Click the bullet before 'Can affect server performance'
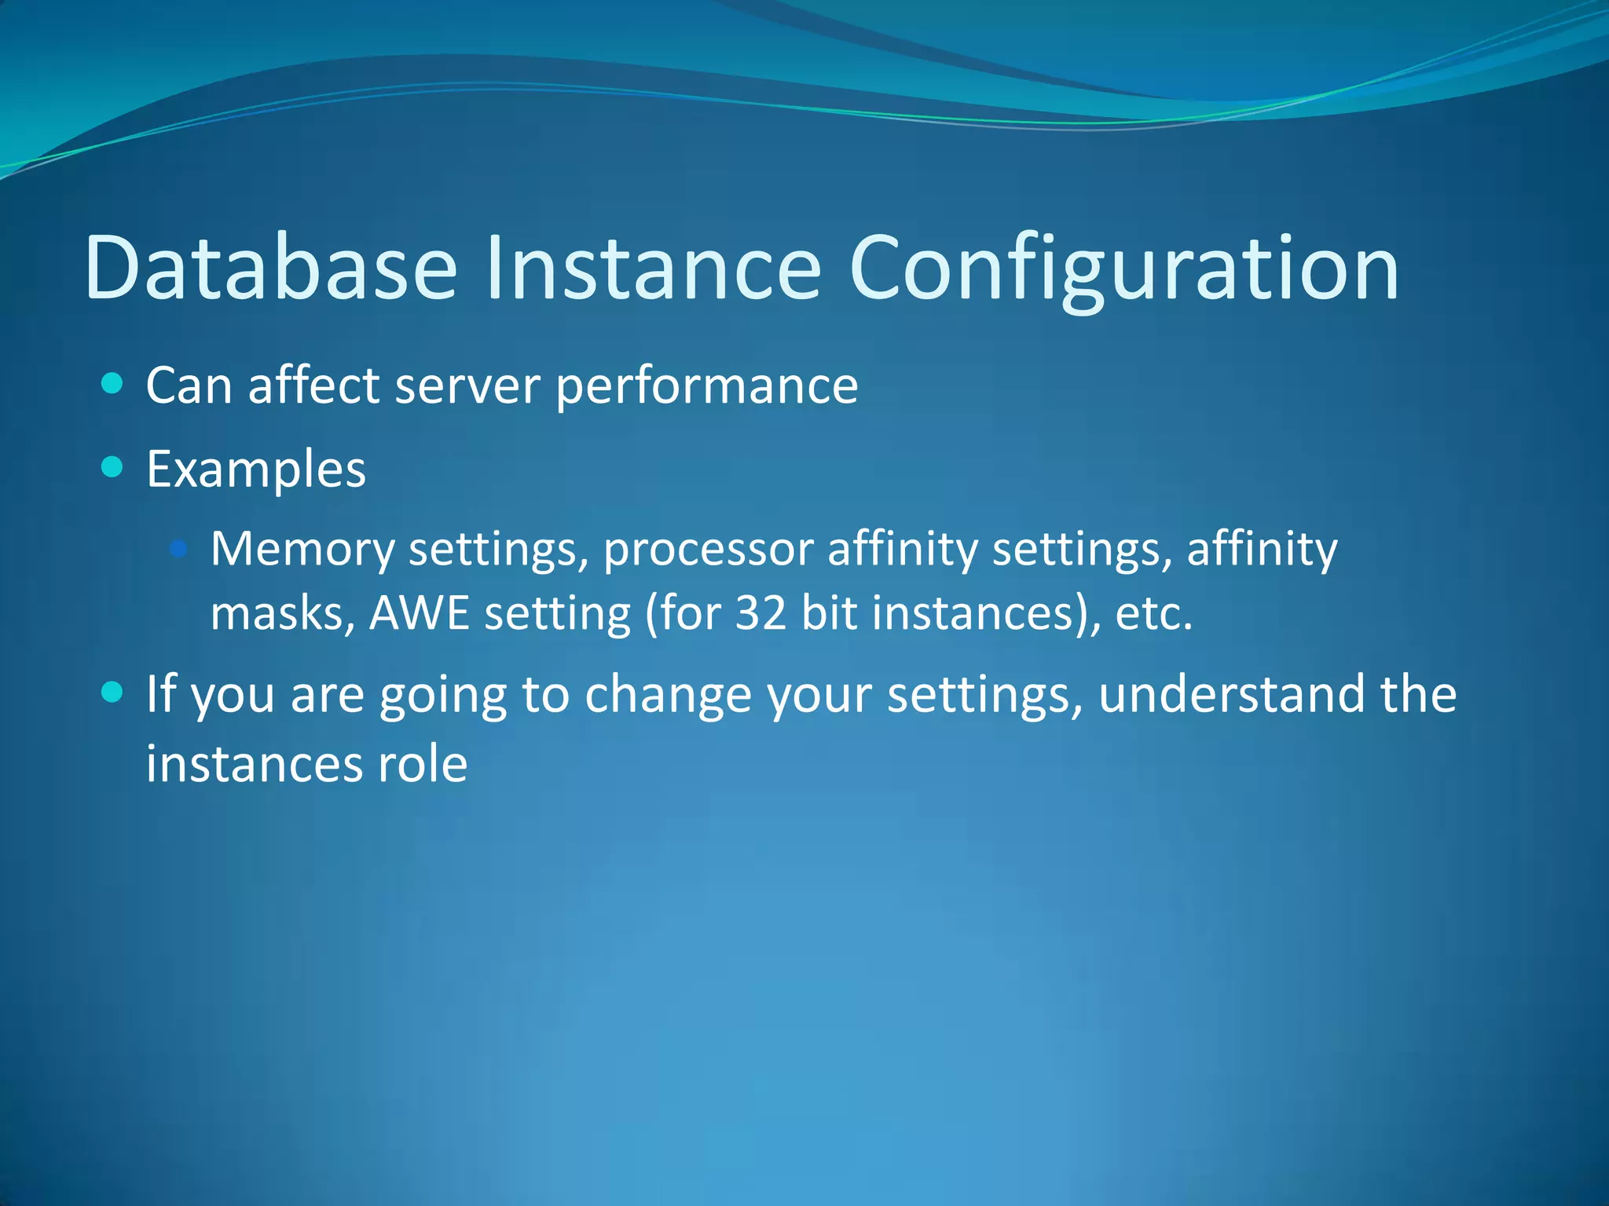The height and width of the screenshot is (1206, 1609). click(113, 384)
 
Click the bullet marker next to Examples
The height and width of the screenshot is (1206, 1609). click(113, 468)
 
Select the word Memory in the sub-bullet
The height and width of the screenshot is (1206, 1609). click(302, 550)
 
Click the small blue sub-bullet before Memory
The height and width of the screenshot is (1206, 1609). click(179, 548)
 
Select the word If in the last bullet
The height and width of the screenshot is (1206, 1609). click(160, 694)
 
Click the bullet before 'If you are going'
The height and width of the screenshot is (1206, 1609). click(113, 692)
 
